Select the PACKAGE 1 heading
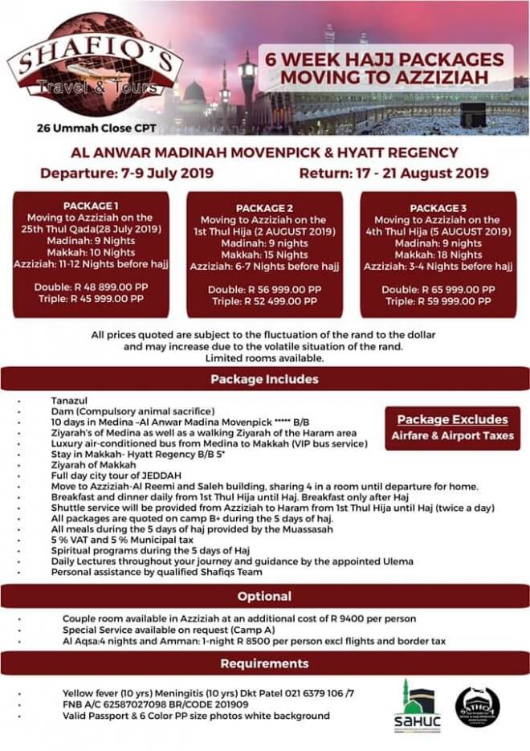pos(92,205)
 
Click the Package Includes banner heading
pos(264,378)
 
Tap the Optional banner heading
pos(264,597)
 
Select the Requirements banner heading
pos(264,664)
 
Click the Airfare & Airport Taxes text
pos(454,435)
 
